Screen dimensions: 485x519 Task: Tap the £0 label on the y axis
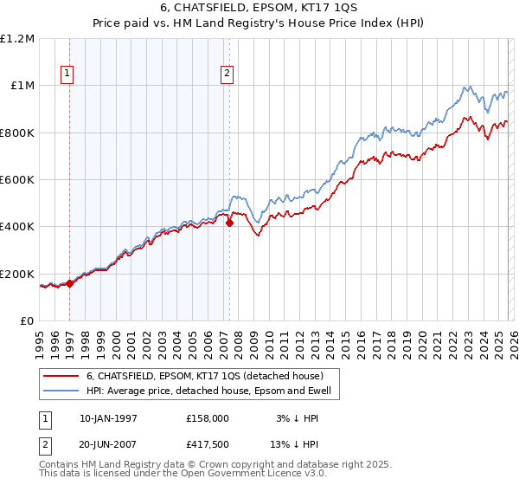pos(28,320)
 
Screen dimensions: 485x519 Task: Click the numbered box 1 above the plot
pos(68,74)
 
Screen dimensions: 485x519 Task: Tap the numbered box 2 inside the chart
pos(227,74)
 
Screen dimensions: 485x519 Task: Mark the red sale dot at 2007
pos(230,223)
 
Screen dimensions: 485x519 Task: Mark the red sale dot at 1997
pos(70,283)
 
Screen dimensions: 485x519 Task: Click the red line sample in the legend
pos(61,376)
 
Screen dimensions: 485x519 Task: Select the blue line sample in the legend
pos(61,391)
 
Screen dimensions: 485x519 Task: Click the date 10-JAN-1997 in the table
pos(108,417)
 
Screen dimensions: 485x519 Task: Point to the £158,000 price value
pos(207,417)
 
